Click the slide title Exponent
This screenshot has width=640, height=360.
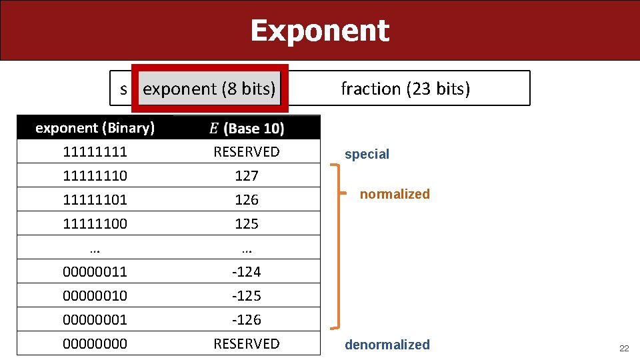coord(319,31)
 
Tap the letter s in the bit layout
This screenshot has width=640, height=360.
coord(123,89)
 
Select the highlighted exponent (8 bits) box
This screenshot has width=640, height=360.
coord(209,89)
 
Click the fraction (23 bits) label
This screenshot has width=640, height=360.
coord(405,89)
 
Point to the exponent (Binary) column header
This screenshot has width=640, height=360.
coord(95,127)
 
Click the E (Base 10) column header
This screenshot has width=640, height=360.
coord(247,127)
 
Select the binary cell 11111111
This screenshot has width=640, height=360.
coord(95,151)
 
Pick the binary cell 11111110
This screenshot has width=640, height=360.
coord(95,175)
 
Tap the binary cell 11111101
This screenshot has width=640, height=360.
coord(95,199)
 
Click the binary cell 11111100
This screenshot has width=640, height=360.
coord(95,223)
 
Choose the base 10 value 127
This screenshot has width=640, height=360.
coord(247,175)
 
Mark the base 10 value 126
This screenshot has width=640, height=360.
coord(247,199)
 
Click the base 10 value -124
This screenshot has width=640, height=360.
coord(247,271)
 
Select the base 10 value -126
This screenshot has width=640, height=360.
coord(247,319)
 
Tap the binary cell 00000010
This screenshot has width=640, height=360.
coord(95,295)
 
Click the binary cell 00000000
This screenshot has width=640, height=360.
coord(95,343)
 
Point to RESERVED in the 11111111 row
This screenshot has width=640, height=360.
coord(247,151)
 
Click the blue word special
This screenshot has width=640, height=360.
coord(367,155)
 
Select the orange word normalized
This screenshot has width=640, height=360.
coord(395,194)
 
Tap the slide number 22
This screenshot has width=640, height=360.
coord(624,348)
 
